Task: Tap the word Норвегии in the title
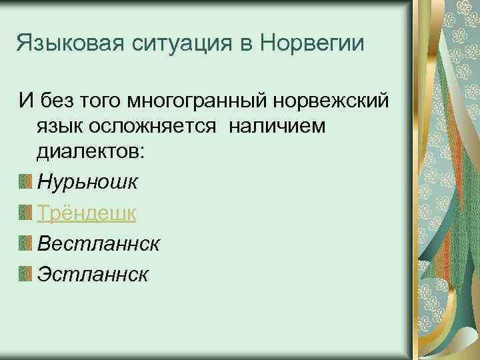[311, 46]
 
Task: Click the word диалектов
[90, 151]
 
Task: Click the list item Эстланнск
[94, 275]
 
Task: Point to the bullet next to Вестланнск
[25, 243]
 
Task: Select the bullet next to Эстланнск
[25, 275]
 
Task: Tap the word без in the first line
[57, 102]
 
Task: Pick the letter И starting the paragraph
[25, 102]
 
